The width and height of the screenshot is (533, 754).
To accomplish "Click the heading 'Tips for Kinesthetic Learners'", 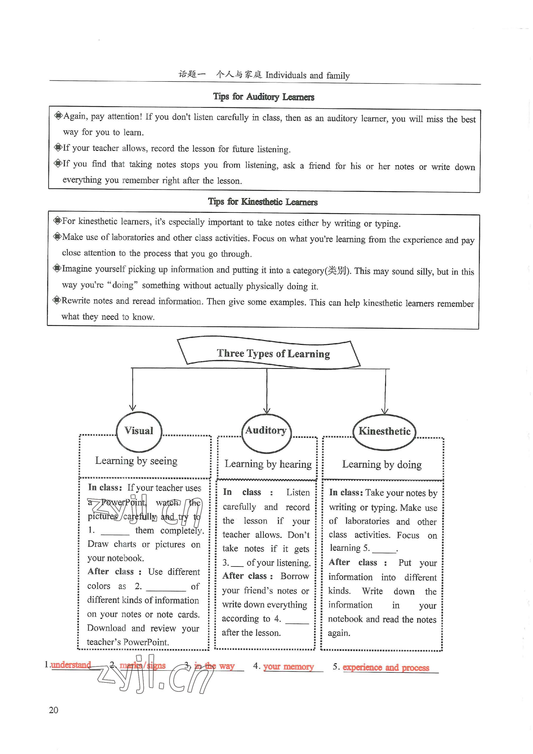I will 263,202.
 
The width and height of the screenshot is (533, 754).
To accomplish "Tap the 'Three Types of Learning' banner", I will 273,353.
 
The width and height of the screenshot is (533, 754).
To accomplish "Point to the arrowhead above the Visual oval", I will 132,407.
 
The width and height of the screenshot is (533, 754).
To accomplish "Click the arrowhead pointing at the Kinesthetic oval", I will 385,411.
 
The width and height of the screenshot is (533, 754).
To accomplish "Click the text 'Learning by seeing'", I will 136,461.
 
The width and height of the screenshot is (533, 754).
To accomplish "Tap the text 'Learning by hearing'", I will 268,464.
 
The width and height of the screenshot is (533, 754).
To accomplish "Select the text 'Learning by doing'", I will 382,464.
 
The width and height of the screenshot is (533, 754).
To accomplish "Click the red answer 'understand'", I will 71,665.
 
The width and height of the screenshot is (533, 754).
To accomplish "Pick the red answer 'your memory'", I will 288,667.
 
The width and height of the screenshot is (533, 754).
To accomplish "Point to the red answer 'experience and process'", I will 386,667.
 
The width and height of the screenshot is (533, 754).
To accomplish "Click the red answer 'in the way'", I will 214,666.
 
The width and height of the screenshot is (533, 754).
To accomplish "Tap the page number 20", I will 53,710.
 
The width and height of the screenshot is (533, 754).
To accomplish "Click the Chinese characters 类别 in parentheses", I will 337,271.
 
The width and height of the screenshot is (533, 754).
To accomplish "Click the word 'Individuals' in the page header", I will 286,75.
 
